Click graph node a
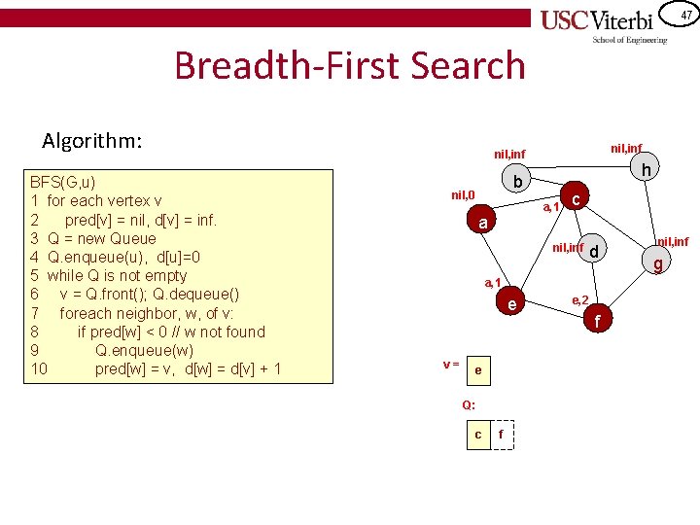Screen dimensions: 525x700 (483, 223)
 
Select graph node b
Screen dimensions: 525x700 (519, 183)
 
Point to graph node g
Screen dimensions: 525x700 (658, 262)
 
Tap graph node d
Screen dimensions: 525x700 (597, 252)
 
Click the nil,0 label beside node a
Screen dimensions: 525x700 (463, 195)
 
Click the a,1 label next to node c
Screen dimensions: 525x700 (550, 206)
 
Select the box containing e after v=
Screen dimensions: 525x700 (477, 370)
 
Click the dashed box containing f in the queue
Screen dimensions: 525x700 (501, 435)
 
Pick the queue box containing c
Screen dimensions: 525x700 (477, 435)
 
